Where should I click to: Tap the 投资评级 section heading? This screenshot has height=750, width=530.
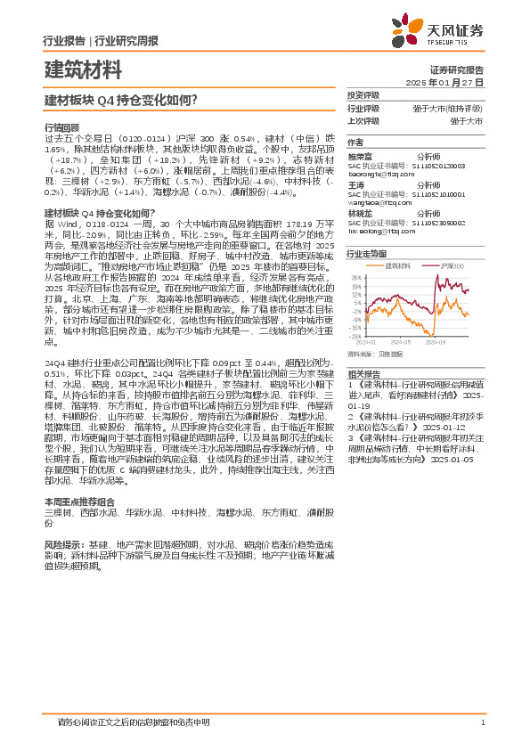(x=363, y=95)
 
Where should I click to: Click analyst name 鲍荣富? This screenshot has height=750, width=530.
(x=360, y=154)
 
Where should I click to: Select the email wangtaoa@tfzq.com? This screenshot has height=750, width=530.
(x=377, y=202)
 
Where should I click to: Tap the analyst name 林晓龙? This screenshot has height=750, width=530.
(x=360, y=213)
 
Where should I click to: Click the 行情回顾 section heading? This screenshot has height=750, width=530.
(x=61, y=127)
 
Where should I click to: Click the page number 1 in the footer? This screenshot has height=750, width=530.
(x=481, y=721)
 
